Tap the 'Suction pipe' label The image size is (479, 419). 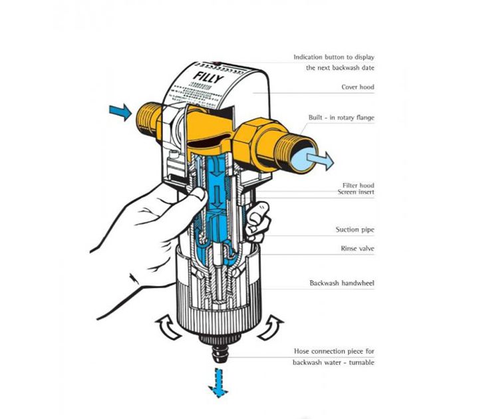pos(355,230)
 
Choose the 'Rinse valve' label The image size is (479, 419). pos(356,249)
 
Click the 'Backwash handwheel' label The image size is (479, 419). pos(342,283)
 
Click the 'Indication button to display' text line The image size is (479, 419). pos(334,57)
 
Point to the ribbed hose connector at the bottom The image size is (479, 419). pos(218,351)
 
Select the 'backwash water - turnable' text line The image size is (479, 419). pos(334,362)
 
